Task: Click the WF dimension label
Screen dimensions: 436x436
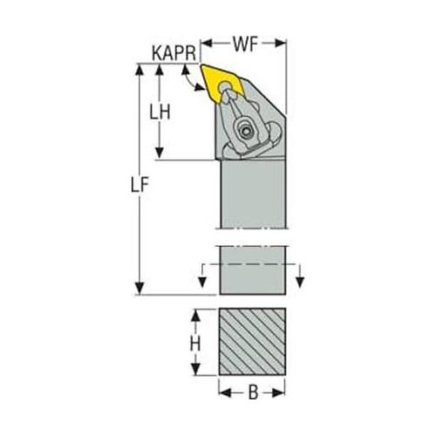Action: point(245,44)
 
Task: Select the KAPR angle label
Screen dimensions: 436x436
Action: point(174,53)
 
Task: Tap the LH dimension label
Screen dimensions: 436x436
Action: point(160,112)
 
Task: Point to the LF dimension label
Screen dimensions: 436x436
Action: point(140,185)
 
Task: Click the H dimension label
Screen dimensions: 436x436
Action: point(195,344)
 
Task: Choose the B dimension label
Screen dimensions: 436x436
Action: point(253,392)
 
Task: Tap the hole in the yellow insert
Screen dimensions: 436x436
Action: point(224,85)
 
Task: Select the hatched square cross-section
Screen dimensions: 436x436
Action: point(252,342)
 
